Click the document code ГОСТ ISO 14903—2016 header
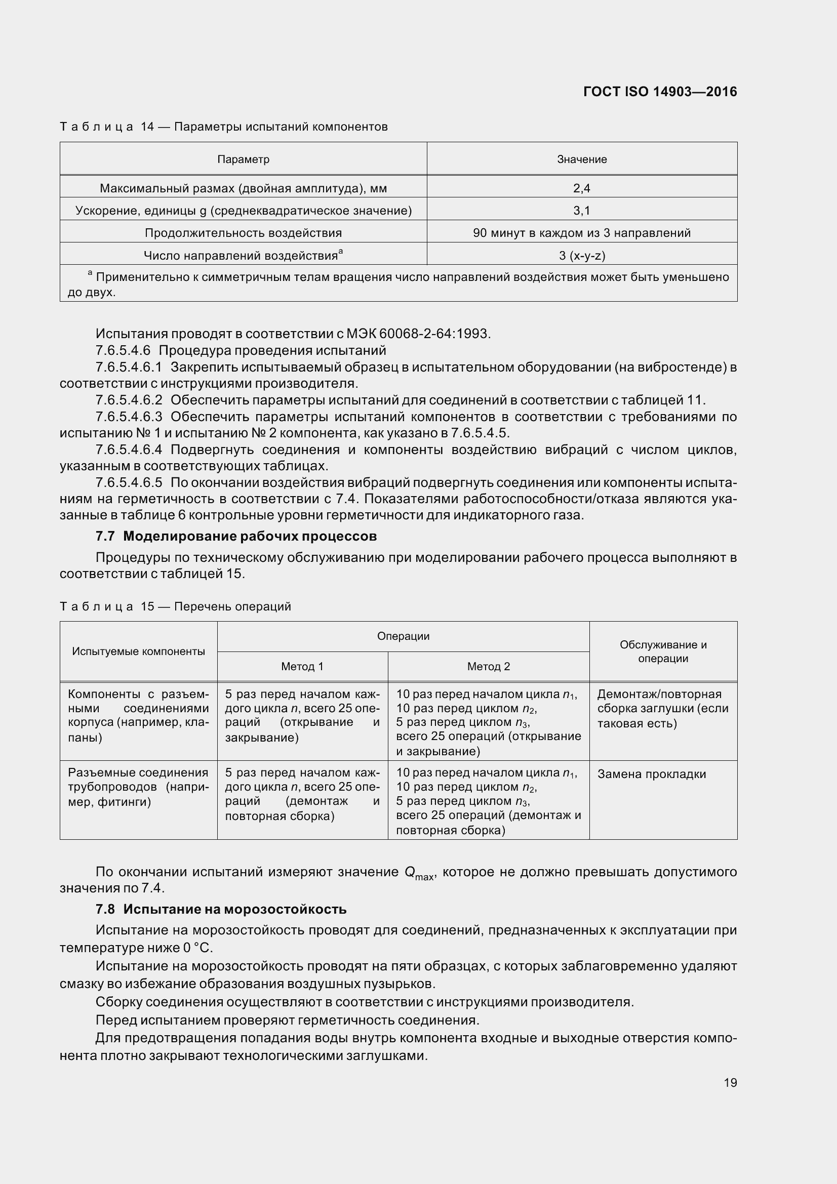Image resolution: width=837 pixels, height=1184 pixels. (x=660, y=92)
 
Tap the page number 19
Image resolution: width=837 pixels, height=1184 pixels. (x=730, y=1082)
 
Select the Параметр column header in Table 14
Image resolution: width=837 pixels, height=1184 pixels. (x=243, y=159)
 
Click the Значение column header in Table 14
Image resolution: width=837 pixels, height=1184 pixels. (x=582, y=159)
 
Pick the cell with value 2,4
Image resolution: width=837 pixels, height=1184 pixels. (x=582, y=188)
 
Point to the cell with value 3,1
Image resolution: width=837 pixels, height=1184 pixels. (x=582, y=211)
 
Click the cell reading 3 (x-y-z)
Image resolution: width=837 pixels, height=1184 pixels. (x=582, y=255)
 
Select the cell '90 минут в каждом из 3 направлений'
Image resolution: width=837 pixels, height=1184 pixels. (x=582, y=232)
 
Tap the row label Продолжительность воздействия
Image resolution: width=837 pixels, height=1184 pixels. (x=243, y=232)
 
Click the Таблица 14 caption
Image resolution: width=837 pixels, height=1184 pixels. (x=223, y=127)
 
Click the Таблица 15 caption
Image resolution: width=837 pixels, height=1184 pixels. (x=175, y=606)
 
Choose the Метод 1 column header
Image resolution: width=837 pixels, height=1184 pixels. (x=302, y=666)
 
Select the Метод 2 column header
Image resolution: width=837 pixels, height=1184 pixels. (x=489, y=666)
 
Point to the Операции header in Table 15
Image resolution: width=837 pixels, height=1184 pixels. (x=403, y=636)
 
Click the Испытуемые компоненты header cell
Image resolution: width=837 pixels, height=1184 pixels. (x=138, y=651)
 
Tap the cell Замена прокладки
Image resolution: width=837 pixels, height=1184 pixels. (x=651, y=774)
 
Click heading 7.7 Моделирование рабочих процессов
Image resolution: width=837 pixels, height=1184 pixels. (x=236, y=536)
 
